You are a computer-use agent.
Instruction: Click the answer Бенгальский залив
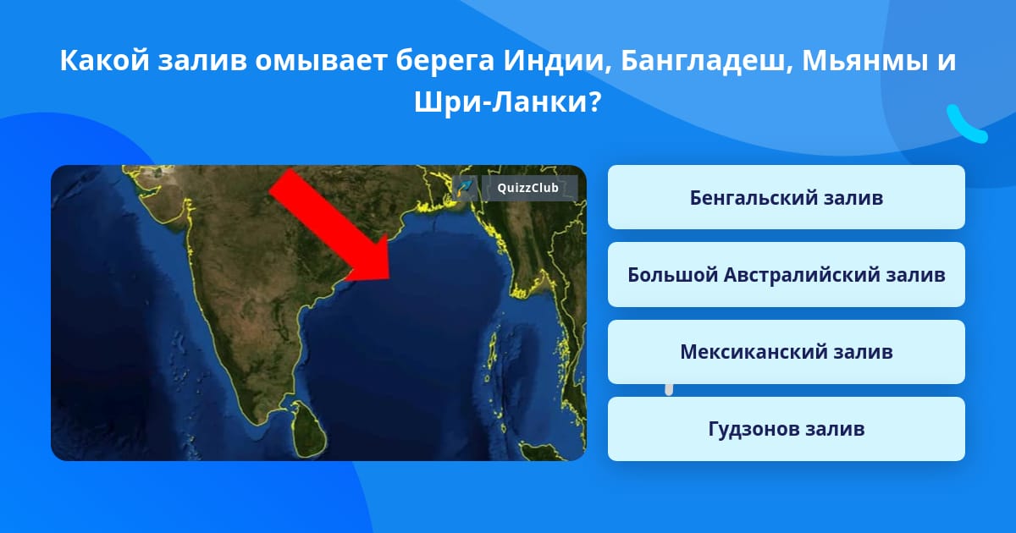[786, 198]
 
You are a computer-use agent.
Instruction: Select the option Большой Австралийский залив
[786, 275]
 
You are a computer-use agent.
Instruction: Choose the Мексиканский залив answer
[786, 352]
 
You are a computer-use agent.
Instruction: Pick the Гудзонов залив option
[786, 429]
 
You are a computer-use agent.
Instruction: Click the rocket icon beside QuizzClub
[465, 188]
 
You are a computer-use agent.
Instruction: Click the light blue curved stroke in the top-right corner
[965, 125]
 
